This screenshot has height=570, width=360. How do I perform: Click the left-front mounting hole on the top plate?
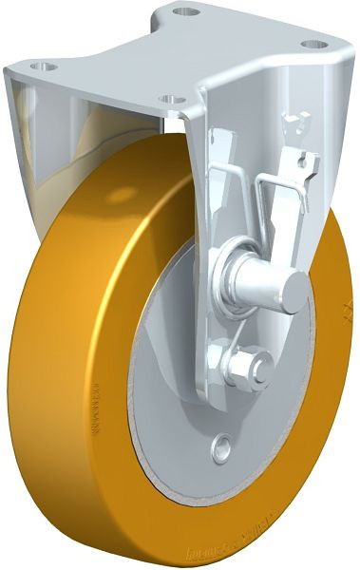[x=40, y=68]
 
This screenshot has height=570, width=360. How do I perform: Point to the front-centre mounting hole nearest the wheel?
[x=171, y=99]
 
